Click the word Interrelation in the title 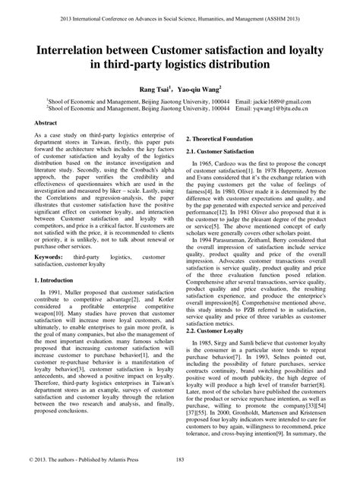tap(67, 50)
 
